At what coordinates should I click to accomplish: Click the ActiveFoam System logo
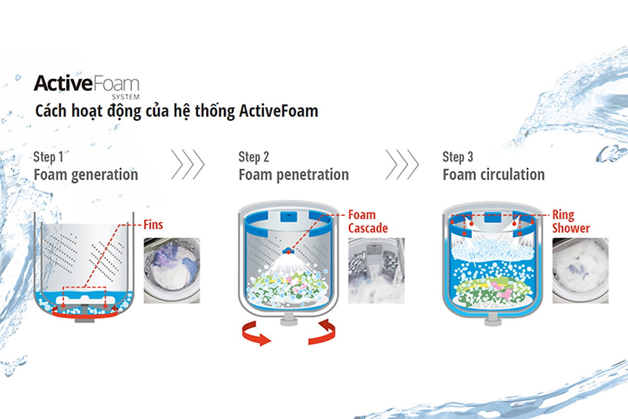point(86,87)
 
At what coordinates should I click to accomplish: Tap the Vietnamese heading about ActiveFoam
point(177,112)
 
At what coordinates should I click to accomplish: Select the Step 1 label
point(49,157)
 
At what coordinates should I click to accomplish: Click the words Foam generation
point(86,175)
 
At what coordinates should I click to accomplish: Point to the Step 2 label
point(254,157)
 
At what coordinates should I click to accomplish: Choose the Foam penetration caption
point(294,175)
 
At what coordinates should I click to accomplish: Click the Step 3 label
point(458,157)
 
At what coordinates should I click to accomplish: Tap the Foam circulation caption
point(494,174)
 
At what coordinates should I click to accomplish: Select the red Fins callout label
point(153,225)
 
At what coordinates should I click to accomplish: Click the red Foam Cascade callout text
point(368,222)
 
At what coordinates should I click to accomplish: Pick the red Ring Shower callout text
point(571,222)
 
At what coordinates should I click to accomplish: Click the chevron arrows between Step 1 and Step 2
point(188,165)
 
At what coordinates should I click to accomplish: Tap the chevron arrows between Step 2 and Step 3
point(402,165)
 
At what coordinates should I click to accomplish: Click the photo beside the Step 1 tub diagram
point(172,271)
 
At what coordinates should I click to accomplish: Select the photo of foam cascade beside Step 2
point(376,271)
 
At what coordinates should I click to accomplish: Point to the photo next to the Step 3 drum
point(580,271)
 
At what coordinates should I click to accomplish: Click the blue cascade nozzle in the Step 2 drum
point(288,250)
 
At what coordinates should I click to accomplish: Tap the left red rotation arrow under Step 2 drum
point(256,334)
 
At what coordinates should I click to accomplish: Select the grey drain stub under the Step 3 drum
point(492,320)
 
